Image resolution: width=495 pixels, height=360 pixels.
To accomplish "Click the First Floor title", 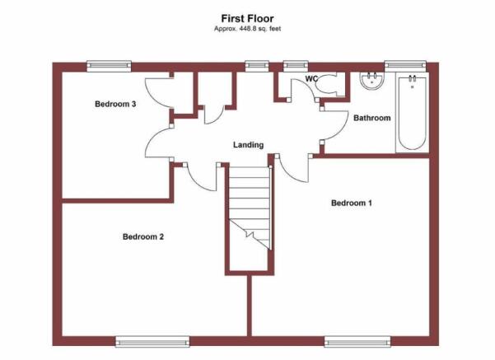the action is click(x=247, y=19).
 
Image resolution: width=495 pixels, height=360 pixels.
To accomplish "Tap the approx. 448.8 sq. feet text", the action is click(x=247, y=29).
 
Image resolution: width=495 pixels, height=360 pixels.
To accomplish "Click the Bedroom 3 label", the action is click(x=115, y=104).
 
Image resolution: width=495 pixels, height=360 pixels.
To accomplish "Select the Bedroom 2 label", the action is click(x=143, y=236).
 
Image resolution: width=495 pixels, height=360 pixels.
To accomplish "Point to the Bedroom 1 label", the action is click(x=352, y=203).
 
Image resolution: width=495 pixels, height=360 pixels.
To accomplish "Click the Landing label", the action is click(x=248, y=145).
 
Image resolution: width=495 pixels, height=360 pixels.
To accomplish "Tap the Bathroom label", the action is click(x=372, y=118).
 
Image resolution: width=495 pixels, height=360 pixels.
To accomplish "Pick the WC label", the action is click(x=311, y=78).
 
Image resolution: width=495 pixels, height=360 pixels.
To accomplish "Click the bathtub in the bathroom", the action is click(x=412, y=112).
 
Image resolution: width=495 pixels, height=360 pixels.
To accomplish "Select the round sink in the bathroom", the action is click(x=372, y=81).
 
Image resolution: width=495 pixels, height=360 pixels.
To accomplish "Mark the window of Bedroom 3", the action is click(x=109, y=66).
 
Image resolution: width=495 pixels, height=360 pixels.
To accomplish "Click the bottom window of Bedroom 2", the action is click(x=152, y=342).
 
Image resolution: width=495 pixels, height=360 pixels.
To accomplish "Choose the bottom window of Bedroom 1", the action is click(x=357, y=342).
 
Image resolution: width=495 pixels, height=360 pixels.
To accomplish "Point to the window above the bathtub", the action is click(x=405, y=66).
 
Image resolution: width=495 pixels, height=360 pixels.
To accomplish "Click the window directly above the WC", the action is click(x=296, y=66).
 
